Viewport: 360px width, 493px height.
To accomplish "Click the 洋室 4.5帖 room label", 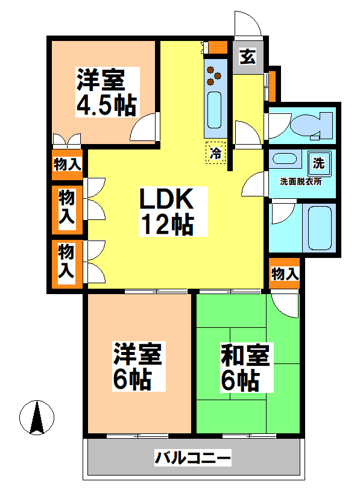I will pyautogui.click(x=106, y=92).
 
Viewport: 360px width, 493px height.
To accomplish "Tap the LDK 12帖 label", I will pyautogui.click(x=166, y=211).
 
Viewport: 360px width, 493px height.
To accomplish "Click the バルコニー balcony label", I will pyautogui.click(x=192, y=459).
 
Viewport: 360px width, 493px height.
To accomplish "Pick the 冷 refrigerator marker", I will pyautogui.click(x=215, y=153).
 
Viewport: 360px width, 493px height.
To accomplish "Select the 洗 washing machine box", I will pyautogui.click(x=318, y=162).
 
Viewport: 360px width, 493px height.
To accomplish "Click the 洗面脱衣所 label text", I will pyautogui.click(x=300, y=181).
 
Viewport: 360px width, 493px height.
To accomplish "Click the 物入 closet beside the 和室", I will pyautogui.click(x=285, y=274).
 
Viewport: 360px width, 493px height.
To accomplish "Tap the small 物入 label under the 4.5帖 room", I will pyautogui.click(x=67, y=164).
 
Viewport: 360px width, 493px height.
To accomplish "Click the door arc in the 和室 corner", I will pyautogui.click(x=285, y=304).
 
